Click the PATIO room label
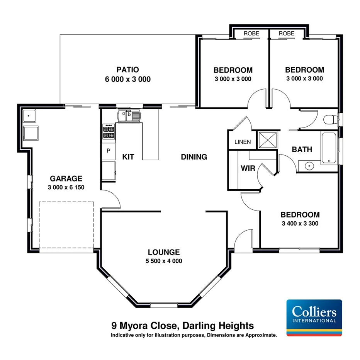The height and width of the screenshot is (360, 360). (127, 70)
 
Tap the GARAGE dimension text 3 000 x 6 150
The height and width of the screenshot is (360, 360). (66, 187)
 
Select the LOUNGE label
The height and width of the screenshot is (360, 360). (163, 252)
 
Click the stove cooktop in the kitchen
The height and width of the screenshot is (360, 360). (109, 132)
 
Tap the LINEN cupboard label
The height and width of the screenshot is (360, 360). (243, 142)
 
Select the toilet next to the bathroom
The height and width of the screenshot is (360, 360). (330, 119)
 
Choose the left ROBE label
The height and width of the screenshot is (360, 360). (251, 34)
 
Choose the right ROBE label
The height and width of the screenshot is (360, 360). (286, 34)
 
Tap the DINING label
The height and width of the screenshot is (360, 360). (194, 157)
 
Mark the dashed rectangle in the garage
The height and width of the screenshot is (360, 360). (67, 224)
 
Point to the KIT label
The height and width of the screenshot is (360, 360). (128, 157)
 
